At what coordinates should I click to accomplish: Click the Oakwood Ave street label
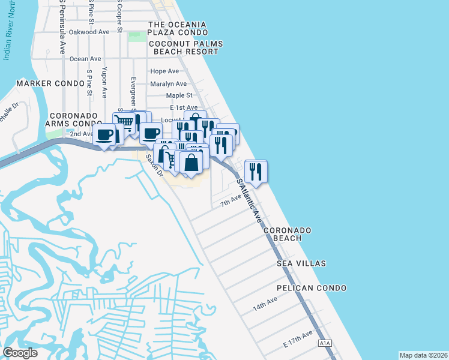(89, 32)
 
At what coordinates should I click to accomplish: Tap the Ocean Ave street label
(85, 59)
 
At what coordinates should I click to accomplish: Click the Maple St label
(179, 95)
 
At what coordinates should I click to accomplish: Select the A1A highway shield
(325, 343)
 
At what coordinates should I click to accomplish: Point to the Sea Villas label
(301, 263)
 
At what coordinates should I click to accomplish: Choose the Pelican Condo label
(312, 288)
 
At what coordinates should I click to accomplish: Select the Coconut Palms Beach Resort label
(185, 48)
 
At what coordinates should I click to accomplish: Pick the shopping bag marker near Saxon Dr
(191, 163)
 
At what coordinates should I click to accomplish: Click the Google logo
(20, 353)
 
